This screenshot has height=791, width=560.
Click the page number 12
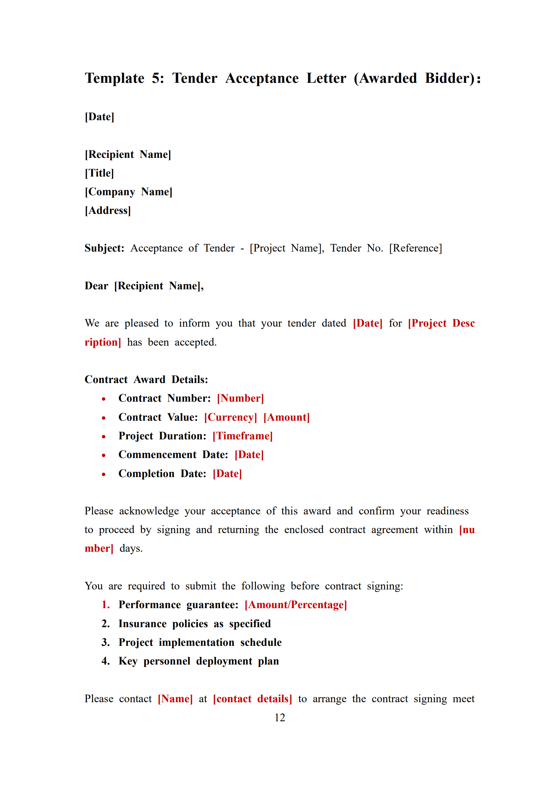pos(280,717)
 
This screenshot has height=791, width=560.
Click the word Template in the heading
pos(115,78)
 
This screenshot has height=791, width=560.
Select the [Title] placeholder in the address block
pos(99,173)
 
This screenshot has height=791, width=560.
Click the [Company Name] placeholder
pos(128,192)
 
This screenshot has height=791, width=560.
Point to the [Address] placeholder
pos(108,210)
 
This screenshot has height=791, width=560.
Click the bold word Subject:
pos(104,248)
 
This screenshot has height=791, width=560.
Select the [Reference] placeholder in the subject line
pos(415,248)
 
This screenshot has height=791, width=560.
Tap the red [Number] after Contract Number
pos(240,398)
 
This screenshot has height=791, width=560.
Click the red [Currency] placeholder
pos(231,417)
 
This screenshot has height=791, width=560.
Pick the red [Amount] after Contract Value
pos(286,417)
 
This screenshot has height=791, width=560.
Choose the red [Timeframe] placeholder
pos(243,436)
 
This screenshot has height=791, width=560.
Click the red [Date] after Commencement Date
pos(249,455)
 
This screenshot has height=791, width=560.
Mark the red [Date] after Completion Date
pos(227,474)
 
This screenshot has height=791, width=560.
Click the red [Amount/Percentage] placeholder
pos(296,605)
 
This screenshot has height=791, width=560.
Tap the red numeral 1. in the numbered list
pos(105,605)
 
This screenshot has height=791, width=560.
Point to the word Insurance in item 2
pos(142,624)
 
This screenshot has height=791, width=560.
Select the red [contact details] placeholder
pos(252,699)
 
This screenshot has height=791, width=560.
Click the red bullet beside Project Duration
pos(104,437)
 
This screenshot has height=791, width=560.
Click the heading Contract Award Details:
pos(146,379)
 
